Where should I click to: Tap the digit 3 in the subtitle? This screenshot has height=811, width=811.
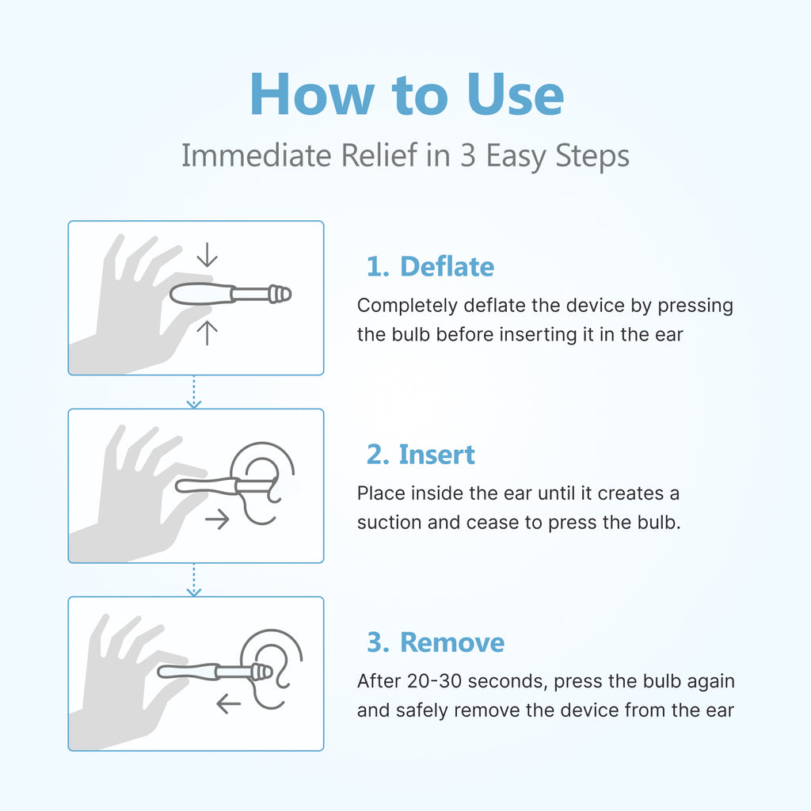[x=467, y=156]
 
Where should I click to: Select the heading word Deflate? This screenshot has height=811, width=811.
[x=447, y=267]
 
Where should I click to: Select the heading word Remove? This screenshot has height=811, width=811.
[x=451, y=642]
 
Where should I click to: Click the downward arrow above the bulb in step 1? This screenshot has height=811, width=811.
[x=207, y=255]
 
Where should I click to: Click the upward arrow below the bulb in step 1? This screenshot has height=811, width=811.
[x=207, y=333]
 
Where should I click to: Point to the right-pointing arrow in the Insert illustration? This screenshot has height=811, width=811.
[x=216, y=520]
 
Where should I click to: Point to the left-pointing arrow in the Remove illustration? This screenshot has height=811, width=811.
[x=228, y=703]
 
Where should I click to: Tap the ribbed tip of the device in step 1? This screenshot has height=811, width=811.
[x=279, y=295]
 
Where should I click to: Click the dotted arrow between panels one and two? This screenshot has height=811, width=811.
[x=194, y=392]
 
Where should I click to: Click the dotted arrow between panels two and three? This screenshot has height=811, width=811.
[x=194, y=580]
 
